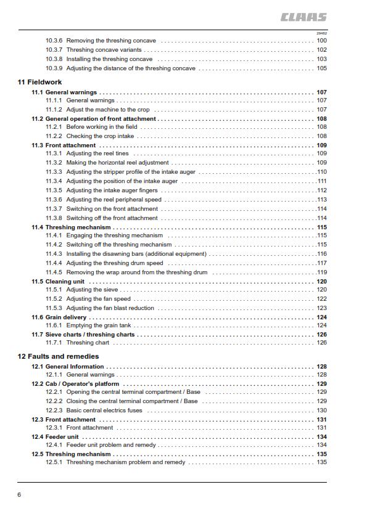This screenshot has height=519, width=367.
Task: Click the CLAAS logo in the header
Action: pyautogui.click(x=303, y=18)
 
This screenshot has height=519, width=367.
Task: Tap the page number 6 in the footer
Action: pyautogui.click(x=20, y=494)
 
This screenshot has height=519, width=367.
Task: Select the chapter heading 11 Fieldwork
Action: pyautogui.click(x=40, y=82)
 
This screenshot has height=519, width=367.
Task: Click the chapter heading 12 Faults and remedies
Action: pyautogui.click(x=58, y=356)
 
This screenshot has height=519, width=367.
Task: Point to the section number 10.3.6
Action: pyautogui.click(x=54, y=41)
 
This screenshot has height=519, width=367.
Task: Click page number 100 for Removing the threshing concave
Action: pyautogui.click(x=321, y=41)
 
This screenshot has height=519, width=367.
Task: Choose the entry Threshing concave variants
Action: pyautogui.click(x=104, y=50)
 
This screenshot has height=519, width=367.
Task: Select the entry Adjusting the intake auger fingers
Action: pyautogui.click(x=112, y=190)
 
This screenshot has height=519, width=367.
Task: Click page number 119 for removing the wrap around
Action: pyautogui.click(x=321, y=272)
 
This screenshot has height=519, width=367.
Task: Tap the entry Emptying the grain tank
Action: pyautogui.click(x=99, y=325)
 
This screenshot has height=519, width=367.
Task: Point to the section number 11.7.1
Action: pyautogui.click(x=54, y=343)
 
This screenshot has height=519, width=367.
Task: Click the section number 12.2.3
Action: pyautogui.click(x=54, y=410)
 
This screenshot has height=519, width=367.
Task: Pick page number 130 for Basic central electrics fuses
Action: pyautogui.click(x=321, y=410)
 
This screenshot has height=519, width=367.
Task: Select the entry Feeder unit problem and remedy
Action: pyautogui.click(x=111, y=444)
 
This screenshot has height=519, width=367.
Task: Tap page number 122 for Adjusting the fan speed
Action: pyautogui.click(x=321, y=299)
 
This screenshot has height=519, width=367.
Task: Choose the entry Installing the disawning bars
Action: pyautogui.click(x=136, y=254)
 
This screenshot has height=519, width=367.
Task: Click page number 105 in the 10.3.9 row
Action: pyautogui.click(x=321, y=68)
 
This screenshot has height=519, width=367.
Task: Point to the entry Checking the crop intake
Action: pyautogui.click(x=100, y=136)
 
